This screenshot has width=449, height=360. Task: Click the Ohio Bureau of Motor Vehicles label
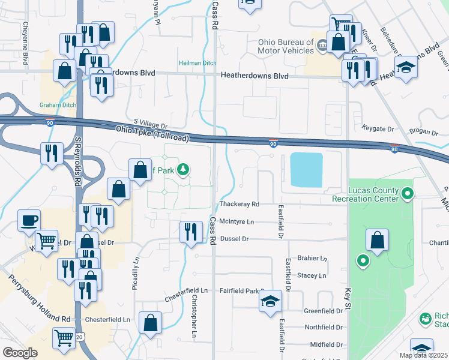click(286, 46)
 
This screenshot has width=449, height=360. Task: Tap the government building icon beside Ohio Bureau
click(322, 45)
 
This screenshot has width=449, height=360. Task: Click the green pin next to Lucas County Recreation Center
click(408, 193)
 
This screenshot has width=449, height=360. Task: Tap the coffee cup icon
click(29, 220)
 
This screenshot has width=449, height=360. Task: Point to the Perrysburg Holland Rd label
click(39, 299)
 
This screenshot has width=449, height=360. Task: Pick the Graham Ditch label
click(58, 105)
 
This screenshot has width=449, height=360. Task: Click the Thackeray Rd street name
click(239, 205)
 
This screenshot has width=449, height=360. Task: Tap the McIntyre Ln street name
click(237, 222)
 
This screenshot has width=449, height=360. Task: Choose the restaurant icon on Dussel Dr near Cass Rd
click(191, 231)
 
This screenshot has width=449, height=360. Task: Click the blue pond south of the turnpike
click(306, 169)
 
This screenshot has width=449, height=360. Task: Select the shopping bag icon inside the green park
click(377, 241)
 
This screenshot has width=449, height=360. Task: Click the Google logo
click(20, 353)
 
